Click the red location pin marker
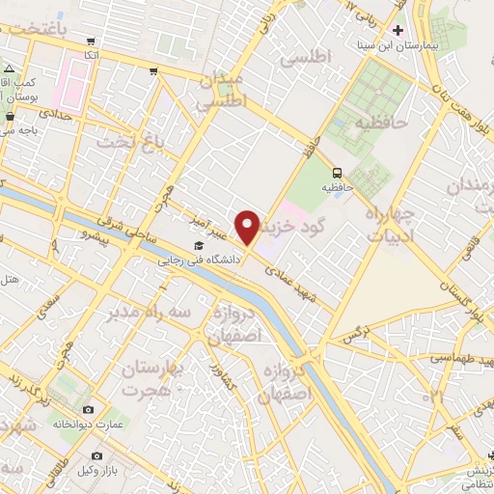pos(249,227)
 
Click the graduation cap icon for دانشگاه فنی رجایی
pos(198,245)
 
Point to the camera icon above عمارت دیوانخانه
pos(88,410)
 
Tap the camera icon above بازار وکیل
pos(96,455)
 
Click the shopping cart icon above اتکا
pos(91,41)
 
